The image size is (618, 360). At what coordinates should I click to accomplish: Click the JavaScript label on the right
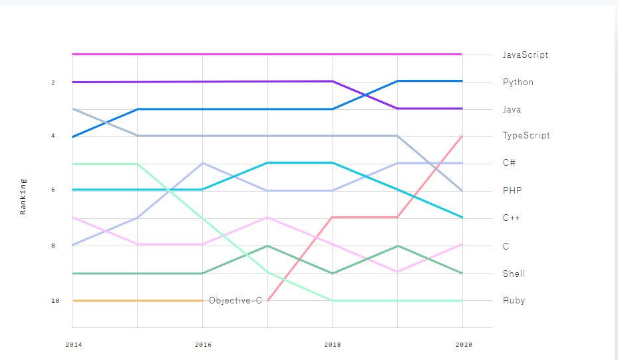(526, 55)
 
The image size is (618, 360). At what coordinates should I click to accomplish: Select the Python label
(518, 83)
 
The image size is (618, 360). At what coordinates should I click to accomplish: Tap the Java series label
(512, 109)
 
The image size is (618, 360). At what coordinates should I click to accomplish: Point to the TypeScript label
(526, 136)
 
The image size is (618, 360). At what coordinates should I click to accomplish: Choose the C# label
(509, 163)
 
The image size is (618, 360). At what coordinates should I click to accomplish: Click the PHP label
(512, 190)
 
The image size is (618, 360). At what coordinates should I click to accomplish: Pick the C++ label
(511, 218)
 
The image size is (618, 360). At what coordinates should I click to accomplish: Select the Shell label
(514, 273)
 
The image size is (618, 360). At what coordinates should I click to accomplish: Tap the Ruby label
(514, 301)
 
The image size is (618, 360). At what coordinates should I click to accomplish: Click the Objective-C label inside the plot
(235, 301)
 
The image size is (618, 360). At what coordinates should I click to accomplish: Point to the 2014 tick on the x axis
(73, 345)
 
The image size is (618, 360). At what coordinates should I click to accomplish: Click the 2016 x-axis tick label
(203, 345)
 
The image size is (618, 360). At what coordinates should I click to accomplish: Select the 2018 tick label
(333, 345)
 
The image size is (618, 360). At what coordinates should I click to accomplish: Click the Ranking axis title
(23, 196)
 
